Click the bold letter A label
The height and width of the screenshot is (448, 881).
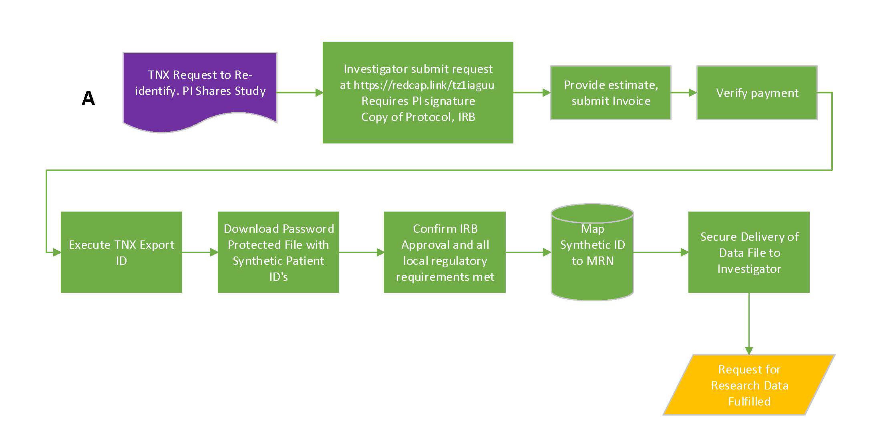pos(89,98)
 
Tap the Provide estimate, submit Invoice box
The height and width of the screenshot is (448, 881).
pos(611,93)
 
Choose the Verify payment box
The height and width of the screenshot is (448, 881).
pos(757,93)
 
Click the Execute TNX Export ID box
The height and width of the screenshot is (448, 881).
pos(121,252)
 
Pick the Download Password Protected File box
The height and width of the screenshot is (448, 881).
pos(278,252)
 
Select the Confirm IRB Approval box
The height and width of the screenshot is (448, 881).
pos(445,252)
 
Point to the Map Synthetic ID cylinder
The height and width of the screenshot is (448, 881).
pos(592,252)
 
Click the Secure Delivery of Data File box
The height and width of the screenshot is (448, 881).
pos(749,252)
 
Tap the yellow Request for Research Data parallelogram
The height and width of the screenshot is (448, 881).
pos(749,385)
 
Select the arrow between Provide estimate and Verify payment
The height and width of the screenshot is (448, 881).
pos(684,93)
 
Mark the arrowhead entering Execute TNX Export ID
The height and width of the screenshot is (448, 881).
pos(56,252)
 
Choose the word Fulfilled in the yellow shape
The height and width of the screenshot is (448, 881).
pos(749,401)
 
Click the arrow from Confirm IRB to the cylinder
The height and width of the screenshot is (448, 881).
pos(528,252)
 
